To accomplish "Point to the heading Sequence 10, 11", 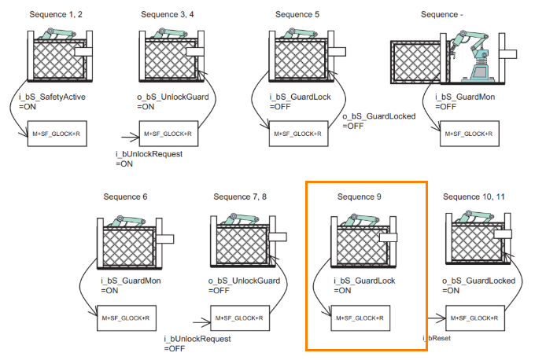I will click(x=475, y=195).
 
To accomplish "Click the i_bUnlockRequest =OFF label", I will click(x=197, y=343).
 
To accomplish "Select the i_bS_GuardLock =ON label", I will click(x=363, y=285).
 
